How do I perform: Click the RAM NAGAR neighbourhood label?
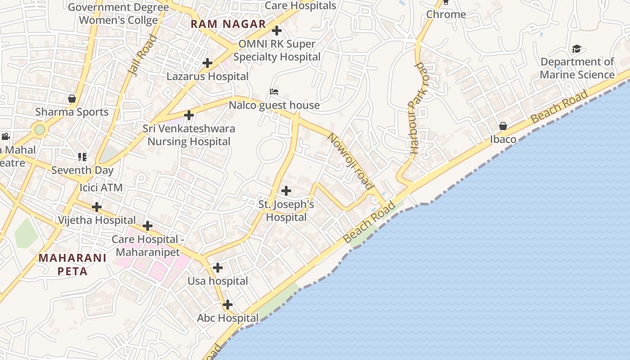point(228,24)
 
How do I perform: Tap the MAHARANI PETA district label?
point(72,265)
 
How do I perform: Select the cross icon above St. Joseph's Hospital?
point(286,191)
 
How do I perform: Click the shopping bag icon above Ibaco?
point(503,126)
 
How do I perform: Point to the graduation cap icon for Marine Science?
point(576,49)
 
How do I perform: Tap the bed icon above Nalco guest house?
point(274,92)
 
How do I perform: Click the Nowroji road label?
point(351,161)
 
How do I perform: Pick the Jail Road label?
point(142,55)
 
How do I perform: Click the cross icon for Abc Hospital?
point(228,305)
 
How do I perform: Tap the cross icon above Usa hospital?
point(218,268)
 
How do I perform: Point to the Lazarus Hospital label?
point(207,76)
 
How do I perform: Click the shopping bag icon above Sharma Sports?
point(72,98)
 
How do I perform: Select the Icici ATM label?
point(101,188)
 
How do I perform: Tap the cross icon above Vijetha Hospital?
point(97,207)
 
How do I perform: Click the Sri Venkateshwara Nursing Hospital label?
point(189,135)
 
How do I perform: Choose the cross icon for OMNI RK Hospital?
point(277,31)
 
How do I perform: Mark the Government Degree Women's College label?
point(118,14)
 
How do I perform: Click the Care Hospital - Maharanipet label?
point(148,246)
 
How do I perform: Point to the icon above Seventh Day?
point(82,157)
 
